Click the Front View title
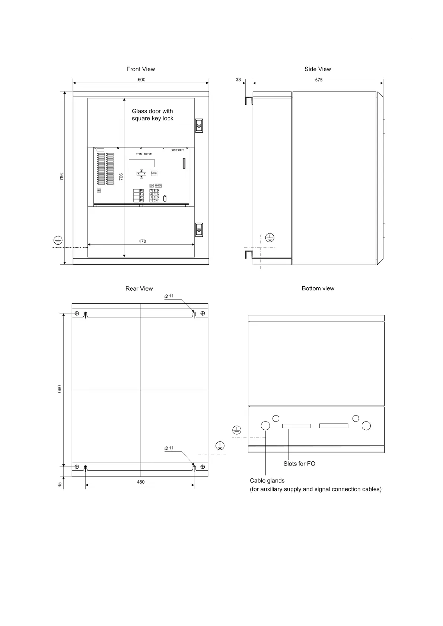pyautogui.click(x=140, y=69)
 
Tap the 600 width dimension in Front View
pyautogui.click(x=141, y=80)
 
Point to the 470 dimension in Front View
pyautogui.click(x=142, y=241)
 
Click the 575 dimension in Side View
pyautogui.click(x=319, y=80)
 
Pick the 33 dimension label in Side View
pyautogui.click(x=238, y=80)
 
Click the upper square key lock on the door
pyautogui.click(x=199, y=126)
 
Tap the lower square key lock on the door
pyautogui.click(x=199, y=229)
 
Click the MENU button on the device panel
pyautogui.click(x=154, y=174)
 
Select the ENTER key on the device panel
pyautogui.click(x=158, y=185)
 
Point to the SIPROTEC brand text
pyautogui.click(x=177, y=150)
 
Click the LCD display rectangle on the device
pyautogui.click(x=141, y=163)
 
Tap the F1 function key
pyautogui.click(x=142, y=191)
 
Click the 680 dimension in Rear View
pyautogui.click(x=60, y=389)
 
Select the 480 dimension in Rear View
pyautogui.click(x=140, y=482)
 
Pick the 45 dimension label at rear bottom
pyautogui.click(x=60, y=485)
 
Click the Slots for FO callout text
pyautogui.click(x=299, y=464)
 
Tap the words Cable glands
pyautogui.click(x=267, y=481)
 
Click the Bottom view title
pyautogui.click(x=318, y=288)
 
